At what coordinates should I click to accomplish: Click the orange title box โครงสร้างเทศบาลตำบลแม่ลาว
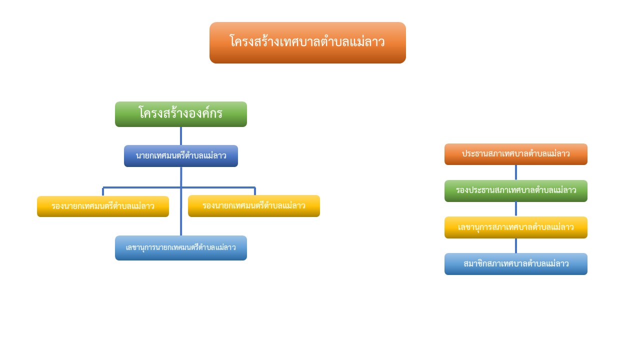307,42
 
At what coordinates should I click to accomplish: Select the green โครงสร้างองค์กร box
181,114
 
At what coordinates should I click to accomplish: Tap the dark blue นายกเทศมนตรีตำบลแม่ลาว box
181,156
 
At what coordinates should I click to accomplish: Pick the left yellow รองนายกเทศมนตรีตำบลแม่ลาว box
103,206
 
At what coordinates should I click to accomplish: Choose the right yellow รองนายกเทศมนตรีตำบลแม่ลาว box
254,205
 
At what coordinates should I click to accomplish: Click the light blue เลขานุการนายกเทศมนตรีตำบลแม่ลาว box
181,247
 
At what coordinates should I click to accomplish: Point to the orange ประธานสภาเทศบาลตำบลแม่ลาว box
516,154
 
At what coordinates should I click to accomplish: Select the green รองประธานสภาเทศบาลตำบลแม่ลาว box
516,191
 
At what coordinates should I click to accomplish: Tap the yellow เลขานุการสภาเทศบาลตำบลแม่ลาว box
516,227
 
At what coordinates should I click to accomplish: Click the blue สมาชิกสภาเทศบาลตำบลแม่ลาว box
516,264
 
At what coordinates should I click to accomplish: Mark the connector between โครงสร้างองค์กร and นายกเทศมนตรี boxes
181,136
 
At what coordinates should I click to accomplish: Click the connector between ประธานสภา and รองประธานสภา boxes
516,172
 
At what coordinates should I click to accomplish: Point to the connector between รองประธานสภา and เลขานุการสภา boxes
516,209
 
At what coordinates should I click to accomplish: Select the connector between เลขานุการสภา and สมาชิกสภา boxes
516,245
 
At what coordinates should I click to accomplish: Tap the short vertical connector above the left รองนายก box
103,191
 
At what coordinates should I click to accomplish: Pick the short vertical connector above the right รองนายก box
255,191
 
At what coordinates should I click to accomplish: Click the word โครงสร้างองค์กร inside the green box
180,113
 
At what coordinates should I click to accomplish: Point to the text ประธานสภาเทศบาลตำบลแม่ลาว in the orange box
515,153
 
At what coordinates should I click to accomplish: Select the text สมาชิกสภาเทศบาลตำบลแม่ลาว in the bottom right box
516,263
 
